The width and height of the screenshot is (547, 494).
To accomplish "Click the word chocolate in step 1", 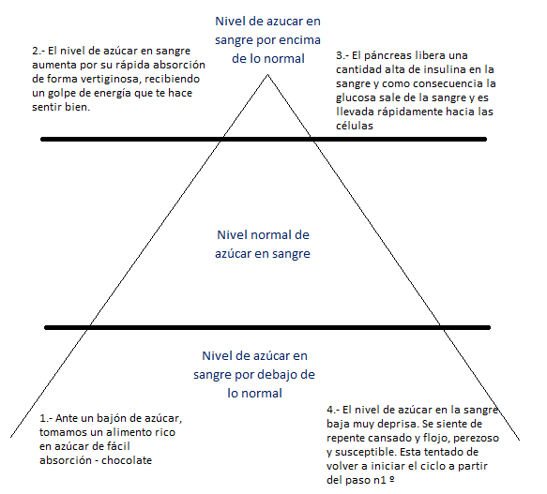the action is pyautogui.click(x=127, y=460).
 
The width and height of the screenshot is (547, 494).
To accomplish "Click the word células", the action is pyautogui.click(x=355, y=126).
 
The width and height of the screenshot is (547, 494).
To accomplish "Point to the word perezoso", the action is pyautogui.click(x=477, y=438).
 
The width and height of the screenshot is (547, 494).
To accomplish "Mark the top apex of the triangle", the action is pyautogui.click(x=267, y=74).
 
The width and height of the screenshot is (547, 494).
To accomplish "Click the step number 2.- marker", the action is pyautogui.click(x=38, y=51).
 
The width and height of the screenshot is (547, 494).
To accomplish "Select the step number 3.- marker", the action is pyautogui.click(x=342, y=56).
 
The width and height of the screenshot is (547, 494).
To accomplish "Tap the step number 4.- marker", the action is pyautogui.click(x=333, y=410).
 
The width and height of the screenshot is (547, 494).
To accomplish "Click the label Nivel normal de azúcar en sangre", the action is pyautogui.click(x=263, y=245).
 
